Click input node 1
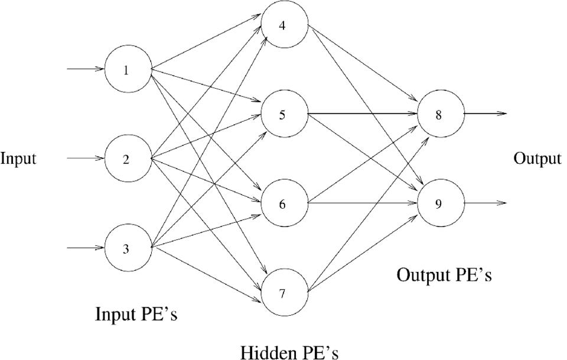127,70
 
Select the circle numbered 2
127,160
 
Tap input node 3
127,248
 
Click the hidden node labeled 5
284,114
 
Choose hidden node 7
284,293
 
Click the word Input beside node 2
18,159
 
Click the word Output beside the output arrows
537,158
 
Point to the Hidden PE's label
289,352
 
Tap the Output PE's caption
444,275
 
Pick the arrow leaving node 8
484,113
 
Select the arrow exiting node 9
484,203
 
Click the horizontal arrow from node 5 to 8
362,113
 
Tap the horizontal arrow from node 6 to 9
362,204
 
